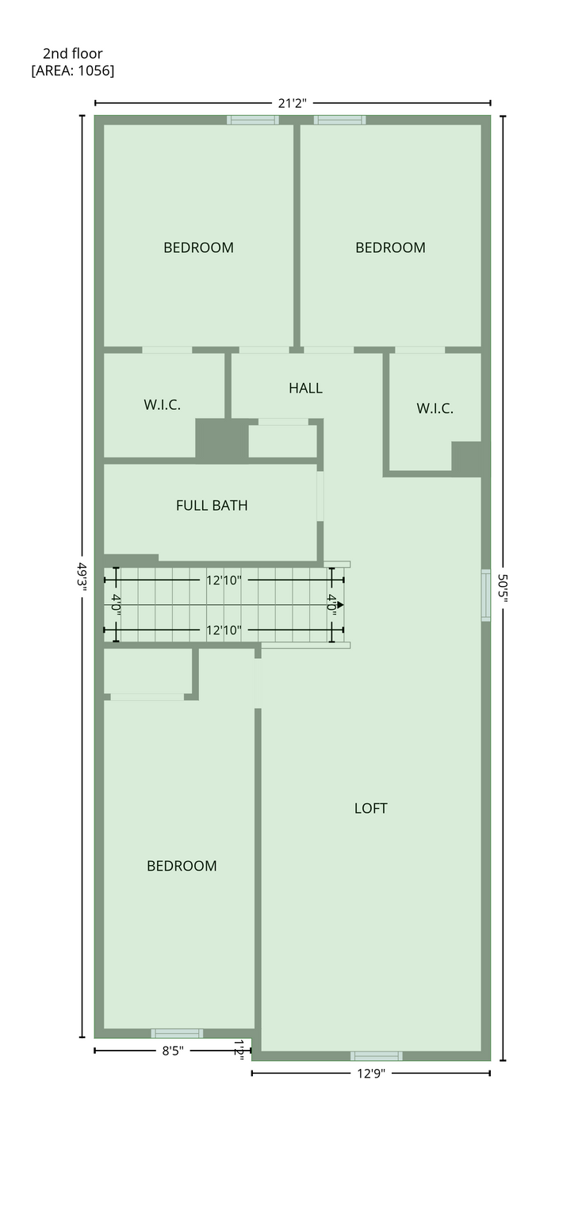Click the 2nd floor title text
pyautogui.click(x=73, y=53)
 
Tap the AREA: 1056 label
pyautogui.click(x=73, y=71)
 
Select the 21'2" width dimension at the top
pyautogui.click(x=293, y=103)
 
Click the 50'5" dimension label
pyautogui.click(x=502, y=588)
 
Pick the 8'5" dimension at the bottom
pyautogui.click(x=173, y=1051)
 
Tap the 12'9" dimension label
pyautogui.click(x=371, y=1074)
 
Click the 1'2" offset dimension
pyautogui.click(x=239, y=1048)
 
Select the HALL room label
pyautogui.click(x=306, y=389)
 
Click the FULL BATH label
pyautogui.click(x=212, y=506)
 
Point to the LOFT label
pyautogui.click(x=371, y=809)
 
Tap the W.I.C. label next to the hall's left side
pyautogui.click(x=162, y=404)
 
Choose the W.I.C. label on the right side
pyautogui.click(x=435, y=408)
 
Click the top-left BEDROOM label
pyautogui.click(x=198, y=248)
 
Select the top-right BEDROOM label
pyautogui.click(x=391, y=248)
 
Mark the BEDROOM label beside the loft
pyautogui.click(x=182, y=866)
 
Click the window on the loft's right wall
pyautogui.click(x=486, y=596)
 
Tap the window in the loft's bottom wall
pyautogui.click(x=377, y=1056)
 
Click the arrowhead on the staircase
pyautogui.click(x=340, y=604)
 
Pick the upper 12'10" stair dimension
pyautogui.click(x=224, y=580)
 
